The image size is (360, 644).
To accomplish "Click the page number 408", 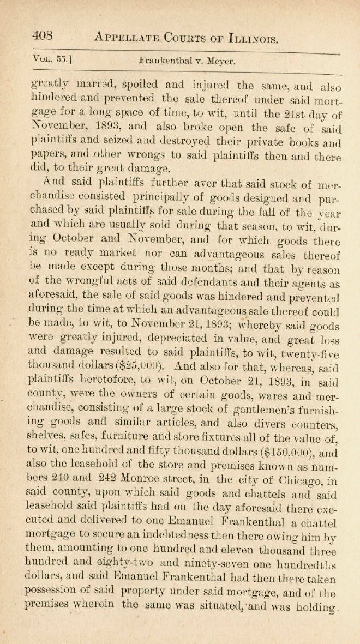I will click(42, 36).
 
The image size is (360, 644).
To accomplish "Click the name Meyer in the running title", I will click(221, 62).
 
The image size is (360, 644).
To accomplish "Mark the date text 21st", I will click(295, 113).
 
